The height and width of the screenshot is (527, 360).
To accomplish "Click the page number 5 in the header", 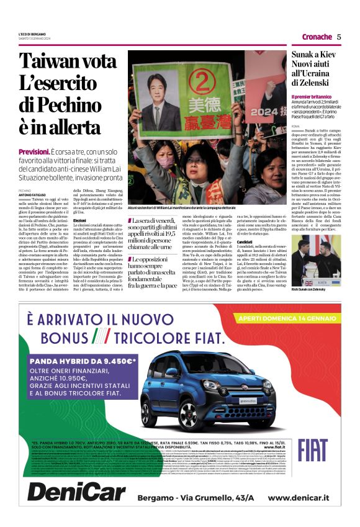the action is pos(339,37).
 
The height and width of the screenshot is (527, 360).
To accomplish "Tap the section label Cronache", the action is pos(317,37).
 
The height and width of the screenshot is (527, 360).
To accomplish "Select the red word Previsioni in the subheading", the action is pos(34,151).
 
